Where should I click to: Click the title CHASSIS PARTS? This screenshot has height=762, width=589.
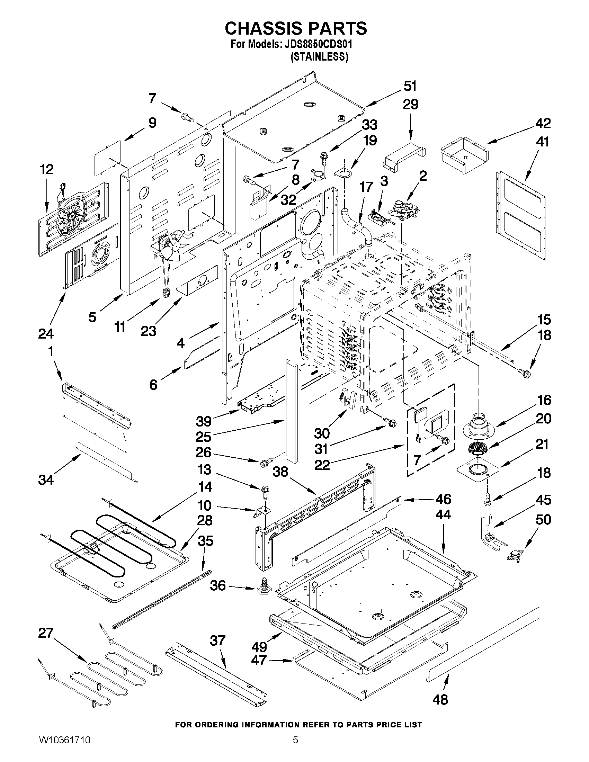296,28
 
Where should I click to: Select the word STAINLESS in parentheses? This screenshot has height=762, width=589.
319,56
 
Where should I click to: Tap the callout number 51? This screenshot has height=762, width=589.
410,86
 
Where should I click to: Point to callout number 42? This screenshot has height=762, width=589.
543,123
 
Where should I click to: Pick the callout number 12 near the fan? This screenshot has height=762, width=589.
47,170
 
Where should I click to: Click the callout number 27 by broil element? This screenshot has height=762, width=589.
46,633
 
